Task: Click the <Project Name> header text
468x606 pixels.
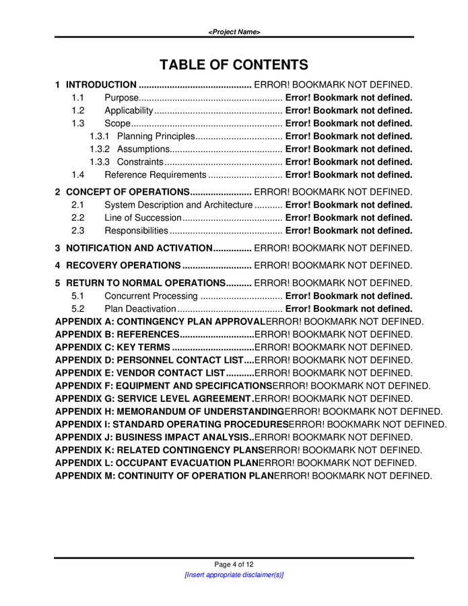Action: (x=234, y=32)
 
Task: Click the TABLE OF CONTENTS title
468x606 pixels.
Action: (x=234, y=65)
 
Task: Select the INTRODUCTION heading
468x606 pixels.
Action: (x=101, y=85)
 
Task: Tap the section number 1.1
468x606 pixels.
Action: (x=77, y=98)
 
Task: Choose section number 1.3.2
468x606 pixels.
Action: (x=100, y=149)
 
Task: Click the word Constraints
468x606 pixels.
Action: (x=140, y=162)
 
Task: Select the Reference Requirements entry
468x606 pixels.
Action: (x=154, y=174)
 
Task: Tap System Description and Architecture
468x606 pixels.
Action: (x=178, y=205)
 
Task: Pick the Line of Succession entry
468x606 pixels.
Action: (x=143, y=217)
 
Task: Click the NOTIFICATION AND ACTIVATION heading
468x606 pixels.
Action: (x=139, y=248)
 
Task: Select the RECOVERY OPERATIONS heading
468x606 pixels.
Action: (x=123, y=265)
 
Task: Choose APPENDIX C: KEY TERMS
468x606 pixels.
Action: (x=112, y=347)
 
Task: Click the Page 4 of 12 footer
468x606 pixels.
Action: (x=234, y=564)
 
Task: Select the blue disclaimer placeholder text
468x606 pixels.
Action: (x=234, y=575)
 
